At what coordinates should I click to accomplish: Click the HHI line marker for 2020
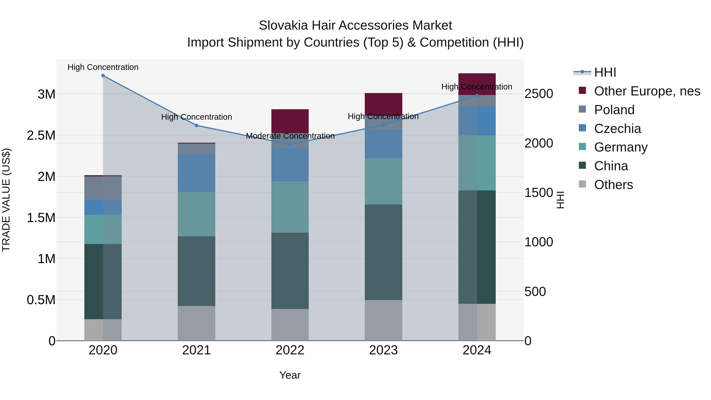103,75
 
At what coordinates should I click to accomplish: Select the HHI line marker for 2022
290,144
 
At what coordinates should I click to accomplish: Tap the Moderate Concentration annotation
290,136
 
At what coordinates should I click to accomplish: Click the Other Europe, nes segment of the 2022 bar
290,121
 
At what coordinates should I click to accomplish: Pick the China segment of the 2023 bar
383,252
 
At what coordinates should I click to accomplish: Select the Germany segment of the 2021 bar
196,214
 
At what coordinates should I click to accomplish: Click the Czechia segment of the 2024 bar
477,121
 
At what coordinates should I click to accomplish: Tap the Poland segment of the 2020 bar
103,188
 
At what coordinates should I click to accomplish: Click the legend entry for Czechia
617,128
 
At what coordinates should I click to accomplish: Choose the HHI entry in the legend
605,72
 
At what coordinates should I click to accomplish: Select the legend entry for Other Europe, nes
647,91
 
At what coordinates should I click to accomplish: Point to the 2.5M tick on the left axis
41,135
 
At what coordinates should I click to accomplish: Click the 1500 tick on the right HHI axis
539,192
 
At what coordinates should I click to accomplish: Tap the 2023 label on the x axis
383,350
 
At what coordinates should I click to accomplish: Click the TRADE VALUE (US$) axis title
6,200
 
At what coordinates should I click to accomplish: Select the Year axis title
290,375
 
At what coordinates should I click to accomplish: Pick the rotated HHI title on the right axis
560,200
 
